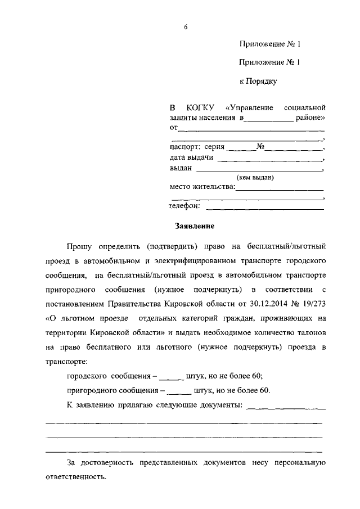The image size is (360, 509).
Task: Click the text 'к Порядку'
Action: tap(258, 82)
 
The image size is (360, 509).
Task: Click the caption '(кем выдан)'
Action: tap(255, 177)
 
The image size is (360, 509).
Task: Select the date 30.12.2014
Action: tap(233, 304)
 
